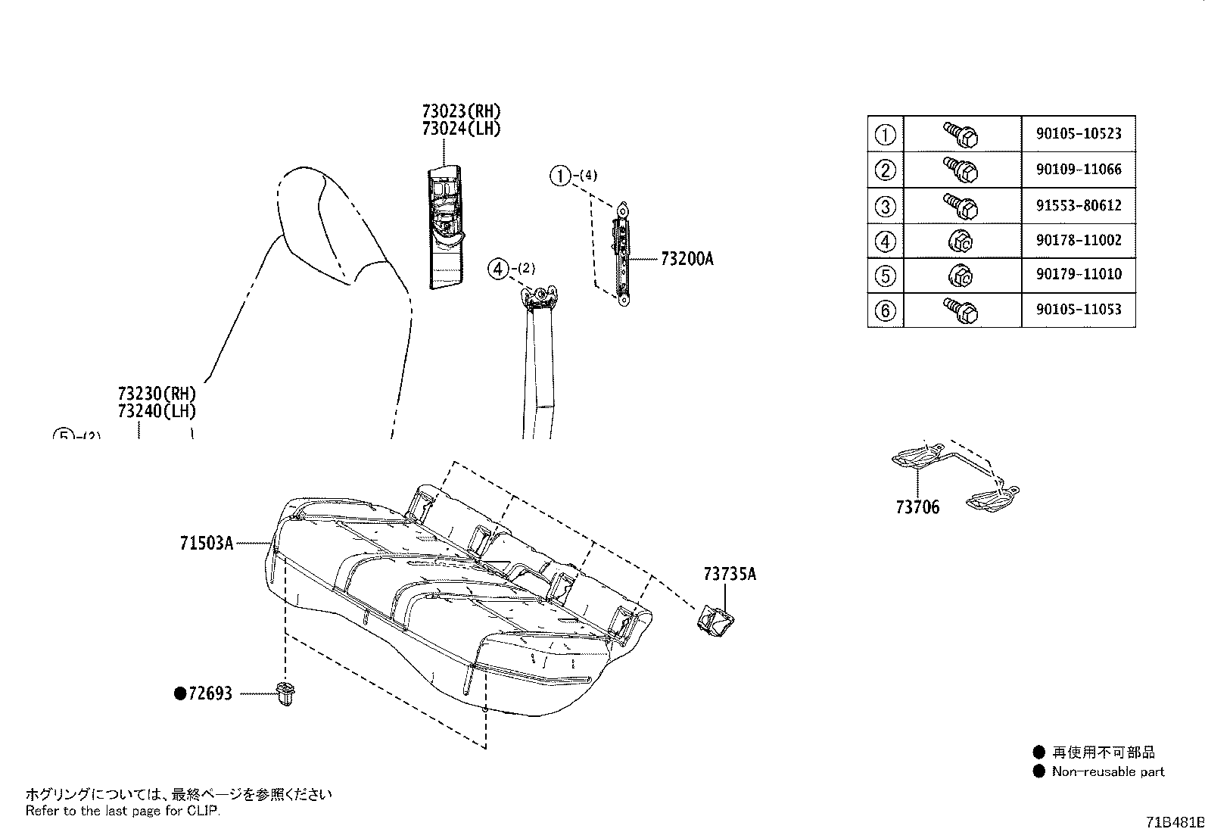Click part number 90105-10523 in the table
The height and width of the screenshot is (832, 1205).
coord(1079,134)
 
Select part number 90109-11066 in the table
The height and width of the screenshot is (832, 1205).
coord(1079,170)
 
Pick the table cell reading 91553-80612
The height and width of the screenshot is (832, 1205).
coord(1079,205)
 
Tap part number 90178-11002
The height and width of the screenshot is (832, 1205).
coord(1079,240)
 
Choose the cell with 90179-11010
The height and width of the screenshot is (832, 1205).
coord(1079,274)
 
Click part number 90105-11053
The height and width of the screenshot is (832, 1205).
coord(1079,309)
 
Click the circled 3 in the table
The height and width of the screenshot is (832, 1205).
coord(885,205)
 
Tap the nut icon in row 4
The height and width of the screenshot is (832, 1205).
coord(961,241)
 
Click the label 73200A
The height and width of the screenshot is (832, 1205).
coord(687,259)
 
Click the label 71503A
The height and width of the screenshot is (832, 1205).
coord(206,543)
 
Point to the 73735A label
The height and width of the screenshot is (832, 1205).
coord(729,575)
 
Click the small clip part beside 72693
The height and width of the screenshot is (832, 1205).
coord(285,694)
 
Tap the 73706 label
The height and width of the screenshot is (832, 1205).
coord(917,507)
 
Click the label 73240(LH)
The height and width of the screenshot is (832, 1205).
coord(157,412)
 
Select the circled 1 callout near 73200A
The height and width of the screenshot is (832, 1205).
coord(559,176)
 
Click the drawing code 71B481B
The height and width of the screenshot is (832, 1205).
coord(1173,822)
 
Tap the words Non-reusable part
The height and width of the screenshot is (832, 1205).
coord(1108,772)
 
